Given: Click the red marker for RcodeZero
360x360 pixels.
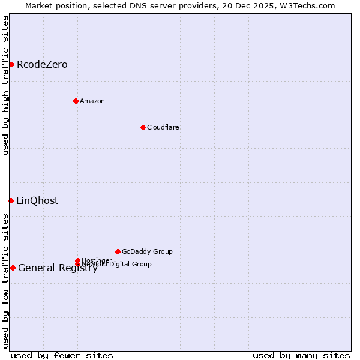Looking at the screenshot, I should pyautogui.click(x=11, y=64).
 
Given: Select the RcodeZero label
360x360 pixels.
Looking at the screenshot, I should pyautogui.click(x=42, y=65).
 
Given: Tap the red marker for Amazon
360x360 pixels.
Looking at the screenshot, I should pyautogui.click(x=76, y=101).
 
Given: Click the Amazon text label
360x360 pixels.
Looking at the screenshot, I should pyautogui.click(x=92, y=101).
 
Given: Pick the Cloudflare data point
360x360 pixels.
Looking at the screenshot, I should pyautogui.click(x=143, y=127).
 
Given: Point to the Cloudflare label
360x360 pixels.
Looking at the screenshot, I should pyautogui.click(x=163, y=127).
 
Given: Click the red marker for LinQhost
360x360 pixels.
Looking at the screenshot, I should pyautogui.click(x=11, y=200).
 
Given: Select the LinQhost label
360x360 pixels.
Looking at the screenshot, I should pyautogui.click(x=37, y=201).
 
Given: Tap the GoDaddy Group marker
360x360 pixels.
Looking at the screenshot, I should pyautogui.click(x=118, y=251).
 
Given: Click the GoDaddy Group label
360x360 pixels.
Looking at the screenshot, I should pyautogui.click(x=147, y=251).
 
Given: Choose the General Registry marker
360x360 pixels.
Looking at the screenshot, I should pyautogui.click(x=13, y=268).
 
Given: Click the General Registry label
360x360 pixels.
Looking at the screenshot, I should pyautogui.click(x=58, y=268).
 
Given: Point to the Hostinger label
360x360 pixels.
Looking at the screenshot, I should pyautogui.click(x=97, y=260).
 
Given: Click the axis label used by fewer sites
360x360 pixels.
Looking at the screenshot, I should pyautogui.click(x=62, y=355).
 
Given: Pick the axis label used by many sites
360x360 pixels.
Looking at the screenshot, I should pyautogui.click(x=301, y=355).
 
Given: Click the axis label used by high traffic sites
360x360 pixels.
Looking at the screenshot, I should pyautogui.click(x=6, y=85).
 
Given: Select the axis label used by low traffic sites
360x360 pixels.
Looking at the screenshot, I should pyautogui.click(x=6, y=280).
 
